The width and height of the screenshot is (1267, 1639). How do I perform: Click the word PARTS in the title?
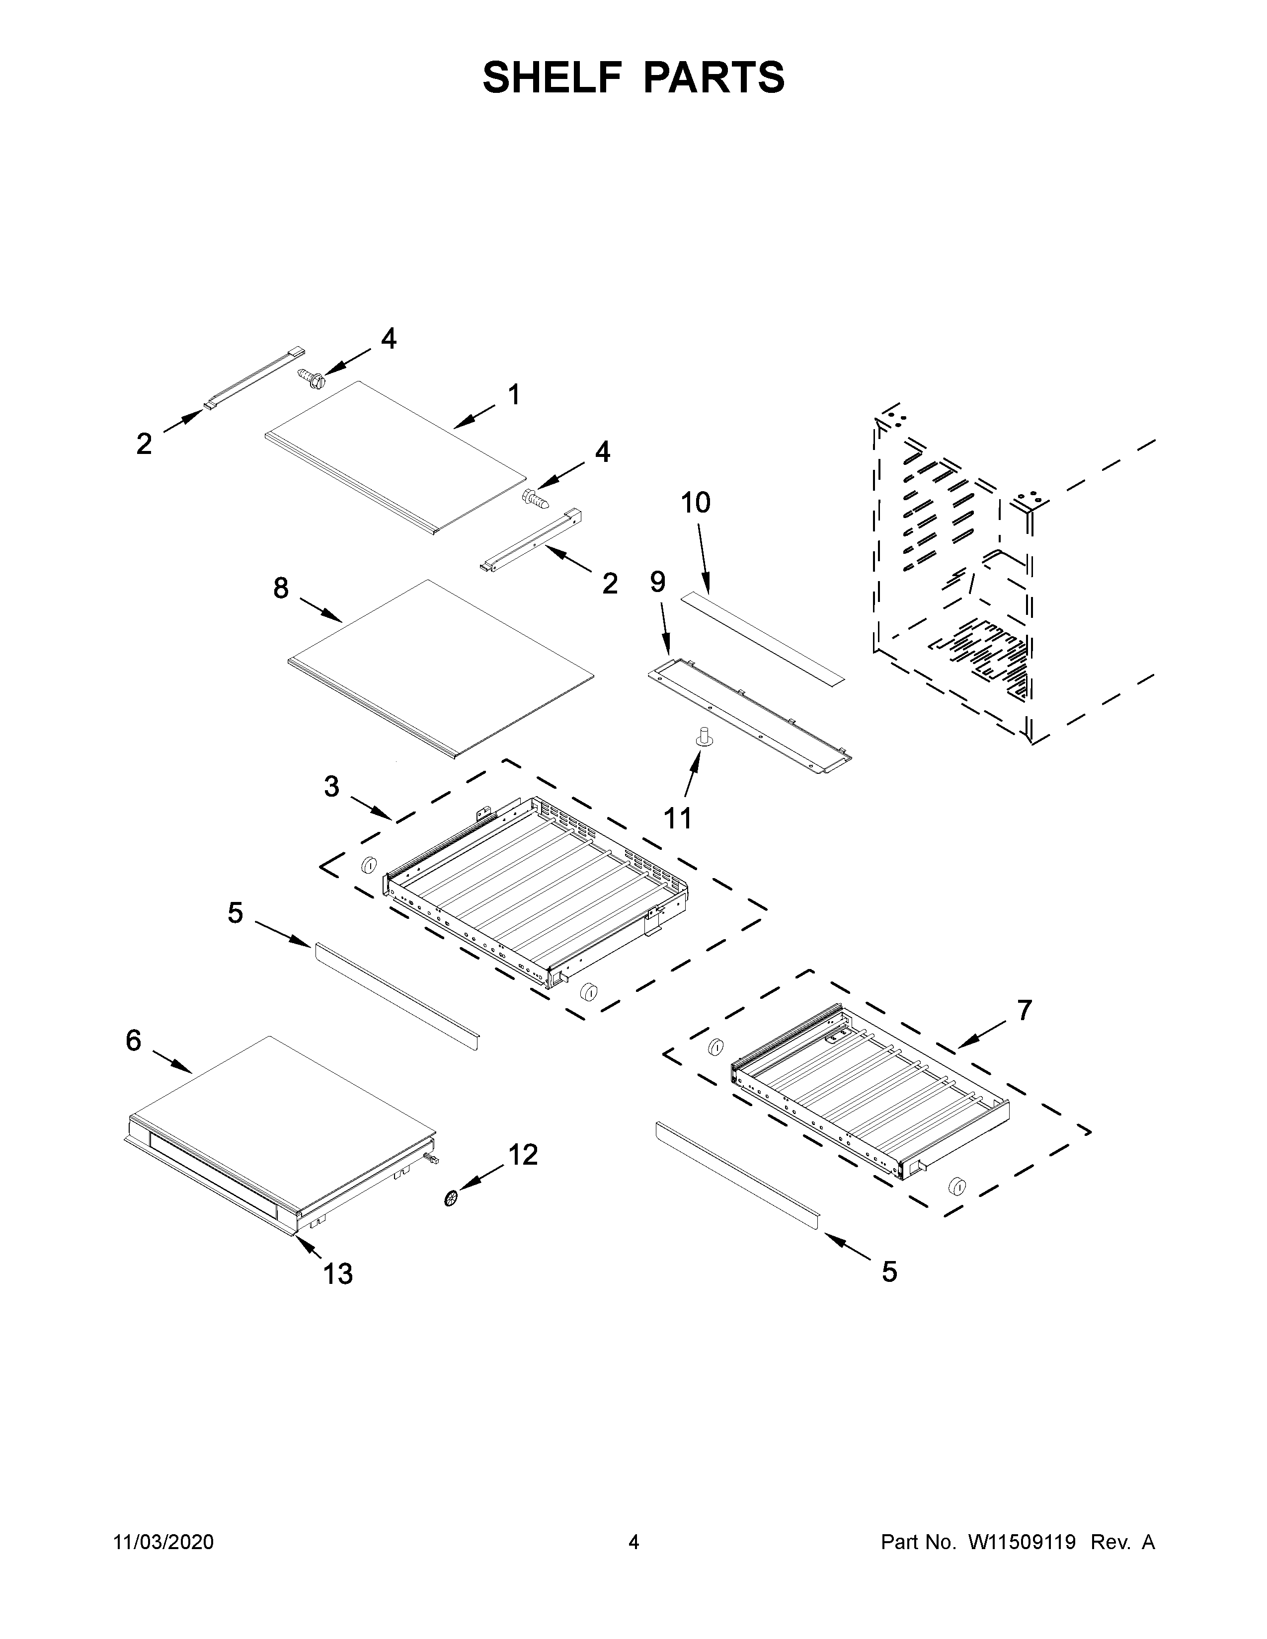[713, 77]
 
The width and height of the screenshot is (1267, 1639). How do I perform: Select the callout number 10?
[695, 503]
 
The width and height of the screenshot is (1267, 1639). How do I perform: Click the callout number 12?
[523, 1155]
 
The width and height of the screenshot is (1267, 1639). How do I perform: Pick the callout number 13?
[338, 1273]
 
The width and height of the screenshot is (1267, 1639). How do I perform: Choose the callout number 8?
[281, 589]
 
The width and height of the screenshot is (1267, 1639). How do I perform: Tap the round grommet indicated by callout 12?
[451, 1198]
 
